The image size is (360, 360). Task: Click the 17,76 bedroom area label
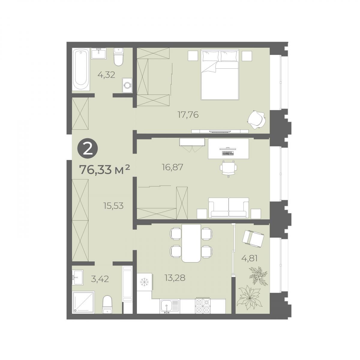(188, 115)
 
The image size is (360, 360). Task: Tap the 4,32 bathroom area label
(106, 75)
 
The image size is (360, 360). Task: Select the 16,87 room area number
(172, 167)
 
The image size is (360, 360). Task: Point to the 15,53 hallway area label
(113, 206)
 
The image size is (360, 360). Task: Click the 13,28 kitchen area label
(175, 278)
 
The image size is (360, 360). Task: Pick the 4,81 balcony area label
(250, 259)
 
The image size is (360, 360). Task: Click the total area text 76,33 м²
(104, 169)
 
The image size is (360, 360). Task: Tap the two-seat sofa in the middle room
(229, 208)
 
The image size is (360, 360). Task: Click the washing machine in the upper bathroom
(127, 85)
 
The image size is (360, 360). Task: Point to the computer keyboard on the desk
(228, 154)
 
